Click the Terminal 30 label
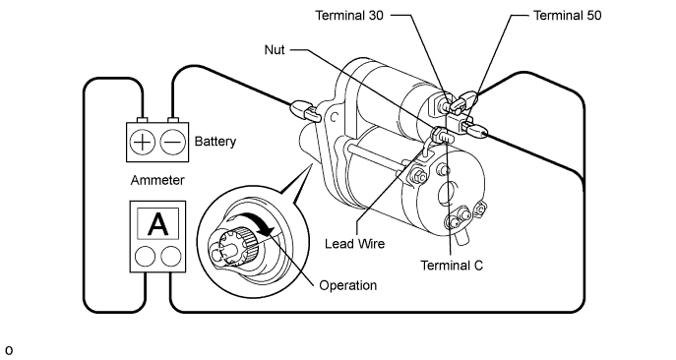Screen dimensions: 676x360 point(349,16)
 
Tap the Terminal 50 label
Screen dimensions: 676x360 point(568,16)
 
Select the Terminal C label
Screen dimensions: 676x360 point(452,266)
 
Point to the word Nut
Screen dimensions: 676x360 point(275,50)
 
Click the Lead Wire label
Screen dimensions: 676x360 point(355,244)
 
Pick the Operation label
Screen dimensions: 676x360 point(348,285)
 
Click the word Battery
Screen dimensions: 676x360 point(215,142)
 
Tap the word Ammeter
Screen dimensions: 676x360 point(157,180)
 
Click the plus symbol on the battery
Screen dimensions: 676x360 point(142,142)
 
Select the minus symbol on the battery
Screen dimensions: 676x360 point(173,142)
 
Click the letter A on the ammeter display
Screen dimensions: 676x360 point(157,224)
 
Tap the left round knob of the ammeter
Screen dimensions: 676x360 point(145,257)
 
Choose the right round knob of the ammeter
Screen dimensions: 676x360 point(171,257)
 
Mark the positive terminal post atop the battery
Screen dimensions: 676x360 point(142,120)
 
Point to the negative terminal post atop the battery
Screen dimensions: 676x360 point(173,120)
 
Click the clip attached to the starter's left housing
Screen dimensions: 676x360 point(305,110)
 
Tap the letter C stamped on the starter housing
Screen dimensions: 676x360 point(334,117)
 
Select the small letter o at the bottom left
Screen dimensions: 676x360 point(9,350)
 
